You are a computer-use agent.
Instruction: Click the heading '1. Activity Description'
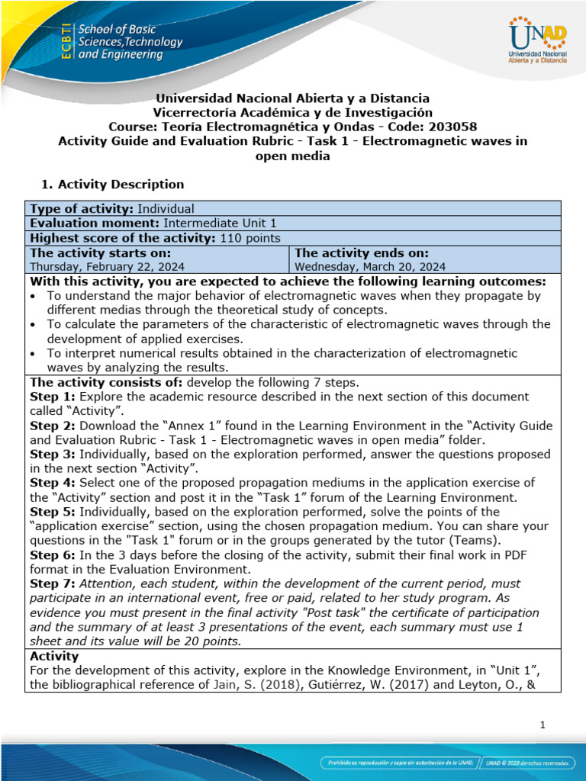[111, 184]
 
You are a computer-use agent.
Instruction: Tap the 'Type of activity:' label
[81, 209]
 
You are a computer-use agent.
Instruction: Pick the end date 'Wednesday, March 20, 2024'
[370, 267]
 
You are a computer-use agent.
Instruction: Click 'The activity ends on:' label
[361, 252]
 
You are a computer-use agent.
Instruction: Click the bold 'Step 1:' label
[53, 397]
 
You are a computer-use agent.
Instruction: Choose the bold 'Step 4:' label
[53, 483]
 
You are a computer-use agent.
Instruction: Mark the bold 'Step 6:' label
[53, 554]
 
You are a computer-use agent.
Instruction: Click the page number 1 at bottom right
[542, 726]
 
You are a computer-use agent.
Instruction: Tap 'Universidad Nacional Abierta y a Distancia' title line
[292, 98]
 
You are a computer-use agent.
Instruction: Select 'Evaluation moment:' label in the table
[95, 223]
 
